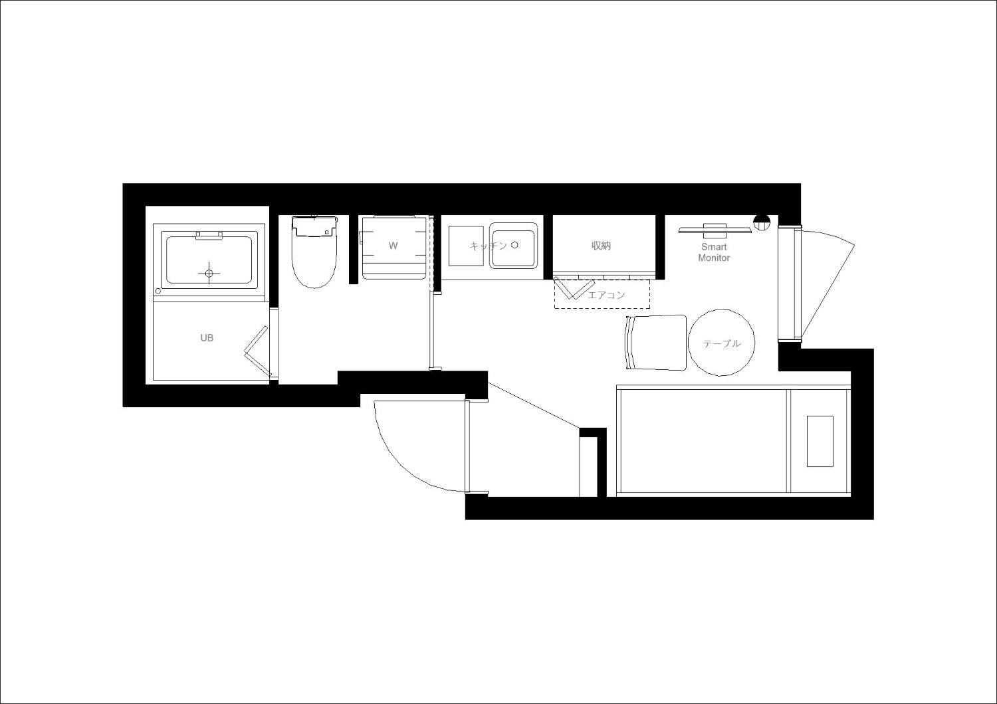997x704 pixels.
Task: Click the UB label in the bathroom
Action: pos(207,338)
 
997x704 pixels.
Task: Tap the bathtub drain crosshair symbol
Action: pos(209,272)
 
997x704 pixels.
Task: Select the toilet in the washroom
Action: pos(314,252)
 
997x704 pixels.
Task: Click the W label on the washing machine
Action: pos(393,246)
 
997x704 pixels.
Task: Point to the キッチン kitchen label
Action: pos(489,246)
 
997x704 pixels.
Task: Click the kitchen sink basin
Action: pos(513,248)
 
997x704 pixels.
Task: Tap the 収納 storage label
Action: pos(601,246)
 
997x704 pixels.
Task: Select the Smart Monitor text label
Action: pos(714,252)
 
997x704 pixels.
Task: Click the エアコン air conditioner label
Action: pos(606,295)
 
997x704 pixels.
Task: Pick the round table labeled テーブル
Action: pos(721,343)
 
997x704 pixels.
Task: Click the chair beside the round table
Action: pos(656,343)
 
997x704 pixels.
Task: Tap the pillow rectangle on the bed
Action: pos(820,441)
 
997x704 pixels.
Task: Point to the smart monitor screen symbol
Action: pos(715,230)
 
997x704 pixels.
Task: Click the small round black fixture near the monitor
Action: pos(762,222)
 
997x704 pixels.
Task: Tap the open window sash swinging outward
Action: pos(828,285)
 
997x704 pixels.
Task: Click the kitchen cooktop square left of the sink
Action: pos(466,246)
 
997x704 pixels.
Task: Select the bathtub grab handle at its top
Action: pos(209,235)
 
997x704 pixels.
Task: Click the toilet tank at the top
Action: pos(314,226)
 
